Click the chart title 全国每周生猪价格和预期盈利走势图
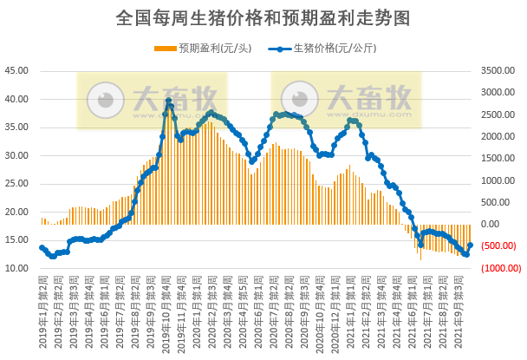[x=263, y=17]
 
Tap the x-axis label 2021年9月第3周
[x=469, y=312]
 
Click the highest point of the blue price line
[x=168, y=101]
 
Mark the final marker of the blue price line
[x=471, y=245]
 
